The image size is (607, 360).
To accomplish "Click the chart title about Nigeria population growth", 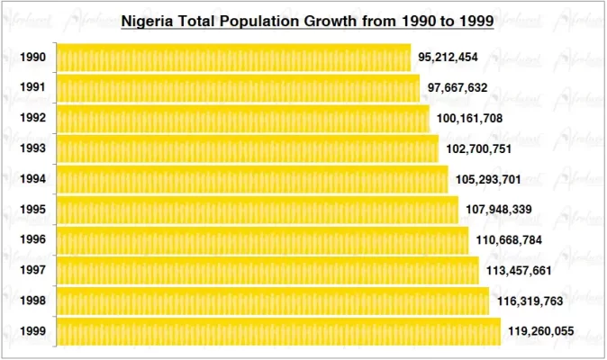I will (307, 21).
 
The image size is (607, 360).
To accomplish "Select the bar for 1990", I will (233, 58).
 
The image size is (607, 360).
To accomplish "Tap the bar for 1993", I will (248, 148).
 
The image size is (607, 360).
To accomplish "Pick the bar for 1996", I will (262, 240).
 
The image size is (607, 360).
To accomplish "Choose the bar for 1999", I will (278, 331).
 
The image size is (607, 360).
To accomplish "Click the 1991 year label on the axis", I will (33, 88).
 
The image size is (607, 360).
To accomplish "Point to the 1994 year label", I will (33, 179).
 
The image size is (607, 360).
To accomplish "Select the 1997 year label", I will (33, 271).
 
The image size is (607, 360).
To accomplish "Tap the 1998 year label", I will (33, 301).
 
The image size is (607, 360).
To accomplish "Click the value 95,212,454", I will (448, 58).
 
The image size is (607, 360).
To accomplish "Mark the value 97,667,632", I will (458, 88).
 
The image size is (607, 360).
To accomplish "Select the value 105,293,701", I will (487, 179).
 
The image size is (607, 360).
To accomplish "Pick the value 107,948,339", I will (497, 210).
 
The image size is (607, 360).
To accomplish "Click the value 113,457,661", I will (518, 271).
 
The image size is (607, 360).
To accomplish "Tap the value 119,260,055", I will (540, 331).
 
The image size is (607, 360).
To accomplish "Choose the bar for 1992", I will (243, 119).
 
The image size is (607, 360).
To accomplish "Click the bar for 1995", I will (258, 210).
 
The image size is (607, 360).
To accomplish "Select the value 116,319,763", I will (529, 301).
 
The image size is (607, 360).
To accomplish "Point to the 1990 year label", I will (33, 58).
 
